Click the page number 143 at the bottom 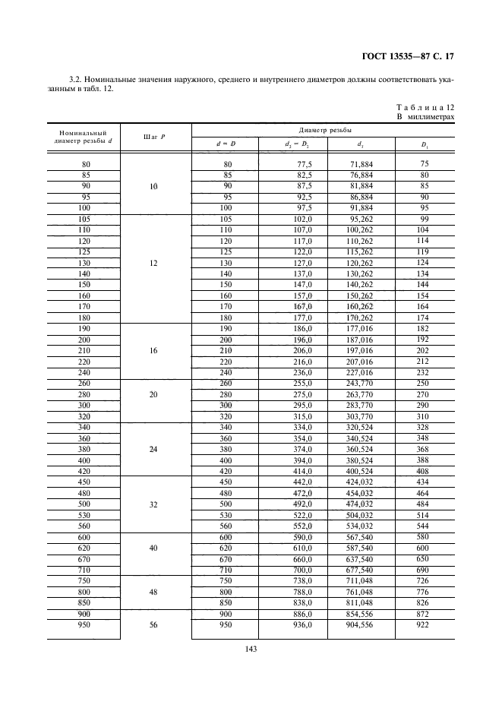click(x=251, y=649)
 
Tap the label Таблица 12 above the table click(x=426, y=109)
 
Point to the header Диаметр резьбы click(x=324, y=130)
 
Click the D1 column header click(x=424, y=144)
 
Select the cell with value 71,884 click(x=361, y=164)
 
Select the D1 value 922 click(x=424, y=625)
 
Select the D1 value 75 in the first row click(x=424, y=163)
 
